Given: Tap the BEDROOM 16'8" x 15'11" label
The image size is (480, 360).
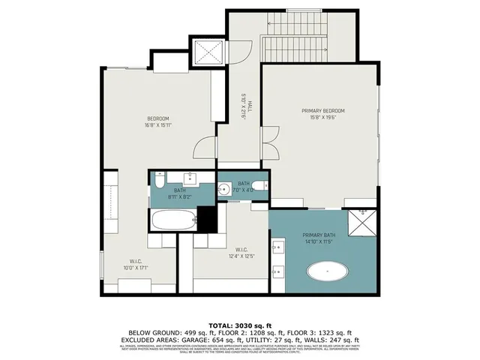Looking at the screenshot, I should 157,121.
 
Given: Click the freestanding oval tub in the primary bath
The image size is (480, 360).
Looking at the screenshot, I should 328,271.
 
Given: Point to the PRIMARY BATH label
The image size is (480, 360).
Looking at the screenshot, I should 319,238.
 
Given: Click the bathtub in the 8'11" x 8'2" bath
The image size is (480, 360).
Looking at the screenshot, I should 173,220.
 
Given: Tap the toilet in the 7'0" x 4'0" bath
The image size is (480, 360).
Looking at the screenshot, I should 257,187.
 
